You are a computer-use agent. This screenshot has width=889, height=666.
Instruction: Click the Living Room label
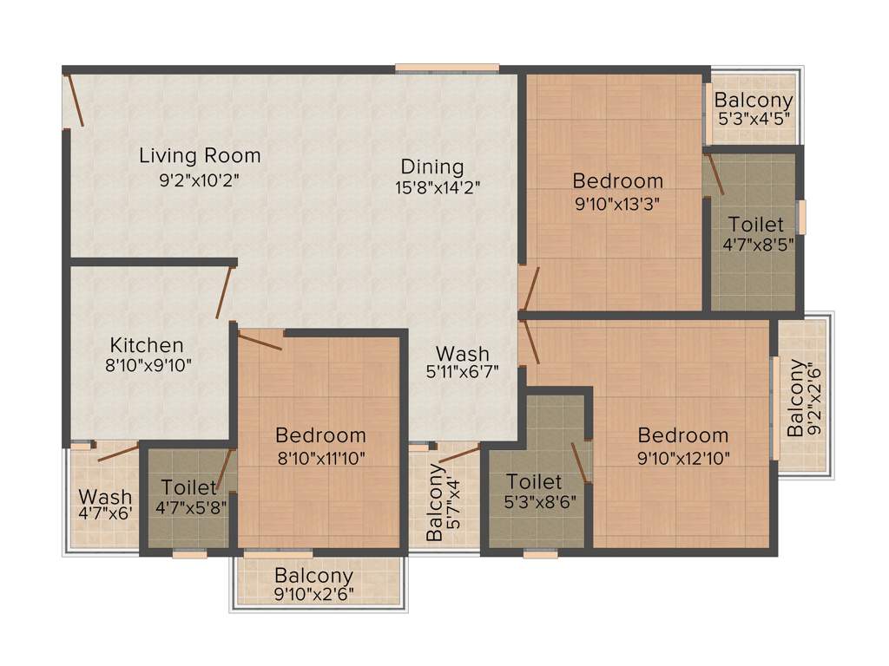[x=200, y=156]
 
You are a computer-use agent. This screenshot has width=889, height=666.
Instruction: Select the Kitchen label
[x=147, y=345]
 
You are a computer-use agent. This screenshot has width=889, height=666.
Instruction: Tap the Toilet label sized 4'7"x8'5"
[x=755, y=224]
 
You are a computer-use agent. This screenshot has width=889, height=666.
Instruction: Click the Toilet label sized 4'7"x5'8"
[x=188, y=487]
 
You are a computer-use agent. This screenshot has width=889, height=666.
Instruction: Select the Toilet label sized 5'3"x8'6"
[x=534, y=481]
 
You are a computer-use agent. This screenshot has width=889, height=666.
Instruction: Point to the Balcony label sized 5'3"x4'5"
[x=754, y=101]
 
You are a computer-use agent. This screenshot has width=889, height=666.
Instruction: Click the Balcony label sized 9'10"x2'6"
[x=313, y=575]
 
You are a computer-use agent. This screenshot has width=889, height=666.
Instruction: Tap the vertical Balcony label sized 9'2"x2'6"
[x=795, y=398]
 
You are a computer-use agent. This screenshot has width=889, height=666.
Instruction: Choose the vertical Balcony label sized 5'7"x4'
[x=433, y=503]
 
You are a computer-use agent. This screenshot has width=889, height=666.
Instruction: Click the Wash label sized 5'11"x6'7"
[x=462, y=354]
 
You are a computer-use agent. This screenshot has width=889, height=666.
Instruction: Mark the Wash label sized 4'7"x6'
[x=105, y=497]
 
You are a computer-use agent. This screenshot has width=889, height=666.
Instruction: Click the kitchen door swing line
[x=224, y=293]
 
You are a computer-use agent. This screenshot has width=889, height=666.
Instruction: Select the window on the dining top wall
[x=447, y=68]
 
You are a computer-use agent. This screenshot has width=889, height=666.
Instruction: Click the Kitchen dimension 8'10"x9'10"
[x=148, y=366]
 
